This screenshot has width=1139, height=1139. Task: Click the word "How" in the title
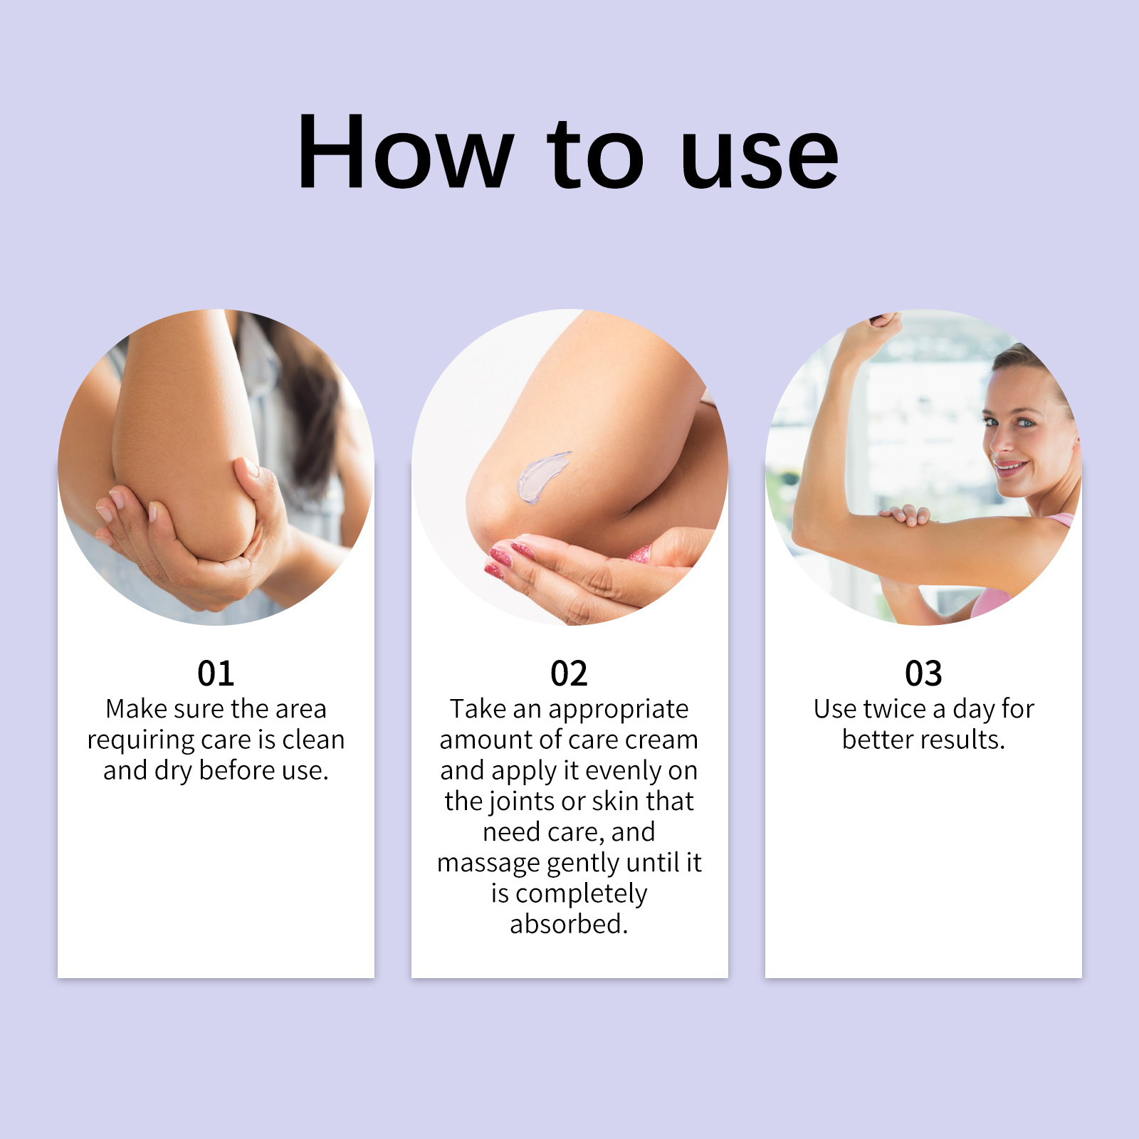[x=405, y=152]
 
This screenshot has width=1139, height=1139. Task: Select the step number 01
[x=216, y=673]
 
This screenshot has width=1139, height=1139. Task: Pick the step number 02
[x=569, y=673]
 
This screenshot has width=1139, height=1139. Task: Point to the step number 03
[x=923, y=673]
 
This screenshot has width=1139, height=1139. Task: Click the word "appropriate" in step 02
[x=618, y=710]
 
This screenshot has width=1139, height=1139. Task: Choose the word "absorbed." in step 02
[x=569, y=924]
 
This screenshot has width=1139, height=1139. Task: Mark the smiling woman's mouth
[x=1011, y=468]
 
